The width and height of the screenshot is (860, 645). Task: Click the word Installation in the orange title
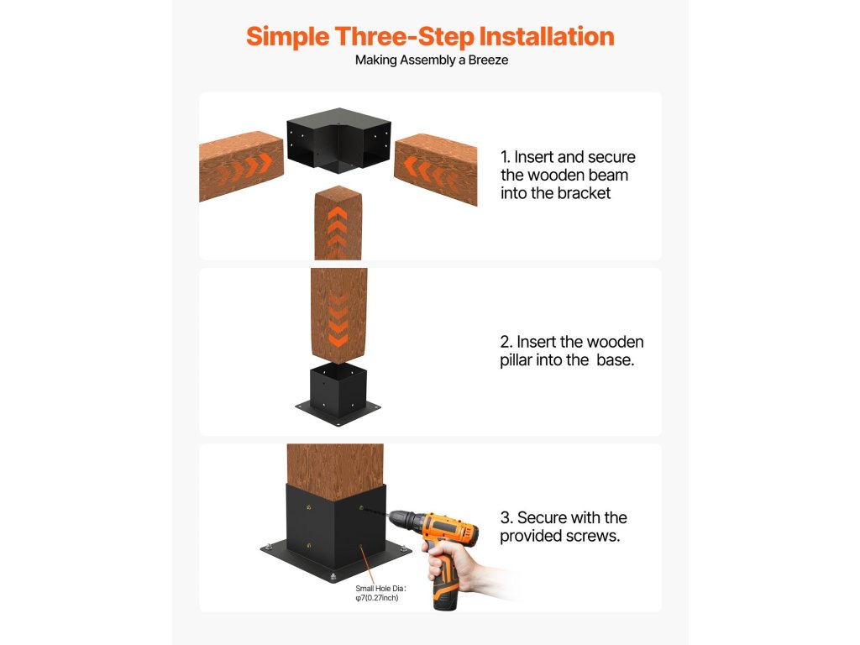click(546, 37)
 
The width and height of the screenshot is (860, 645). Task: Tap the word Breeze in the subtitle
click(488, 60)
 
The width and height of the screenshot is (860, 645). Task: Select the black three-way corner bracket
click(339, 140)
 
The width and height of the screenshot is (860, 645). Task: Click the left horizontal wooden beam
click(241, 165)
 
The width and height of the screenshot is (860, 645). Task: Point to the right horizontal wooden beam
click(436, 169)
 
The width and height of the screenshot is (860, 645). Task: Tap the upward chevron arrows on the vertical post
click(337, 231)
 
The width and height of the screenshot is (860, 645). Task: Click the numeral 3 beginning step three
click(506, 517)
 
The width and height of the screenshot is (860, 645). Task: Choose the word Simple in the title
click(288, 37)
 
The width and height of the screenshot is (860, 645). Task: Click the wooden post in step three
click(335, 472)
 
